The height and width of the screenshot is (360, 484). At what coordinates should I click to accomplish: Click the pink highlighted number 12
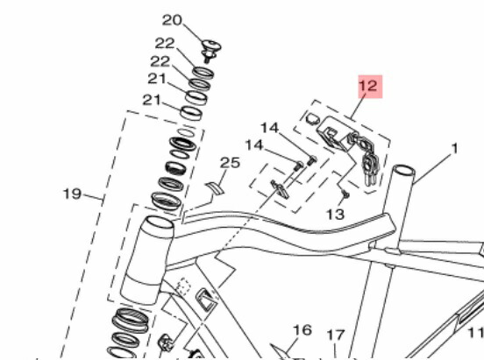pyautogui.click(x=367, y=87)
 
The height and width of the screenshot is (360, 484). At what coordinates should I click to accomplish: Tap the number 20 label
pyautogui.click(x=171, y=20)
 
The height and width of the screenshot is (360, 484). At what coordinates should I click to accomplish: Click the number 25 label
pyautogui.click(x=230, y=163)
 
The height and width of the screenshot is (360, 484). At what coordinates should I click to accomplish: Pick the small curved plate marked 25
pyautogui.click(x=215, y=185)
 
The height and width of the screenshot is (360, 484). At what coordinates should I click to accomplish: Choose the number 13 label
pyautogui.click(x=335, y=214)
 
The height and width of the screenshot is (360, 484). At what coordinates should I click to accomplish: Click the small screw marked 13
pyautogui.click(x=347, y=193)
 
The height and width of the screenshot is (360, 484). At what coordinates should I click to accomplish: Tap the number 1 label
pyautogui.click(x=454, y=149)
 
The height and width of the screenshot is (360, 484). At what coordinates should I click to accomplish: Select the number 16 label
pyautogui.click(x=302, y=330)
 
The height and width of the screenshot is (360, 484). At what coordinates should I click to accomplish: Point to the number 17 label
pyautogui.click(x=336, y=335)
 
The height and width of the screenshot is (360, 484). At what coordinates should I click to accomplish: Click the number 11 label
pyautogui.click(x=474, y=332)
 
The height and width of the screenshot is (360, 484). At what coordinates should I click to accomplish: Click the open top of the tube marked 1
pyautogui.click(x=402, y=170)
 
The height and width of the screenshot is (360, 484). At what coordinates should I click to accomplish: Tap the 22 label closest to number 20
pyautogui.click(x=166, y=44)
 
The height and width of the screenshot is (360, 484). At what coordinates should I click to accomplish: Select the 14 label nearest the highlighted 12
pyautogui.click(x=269, y=128)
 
